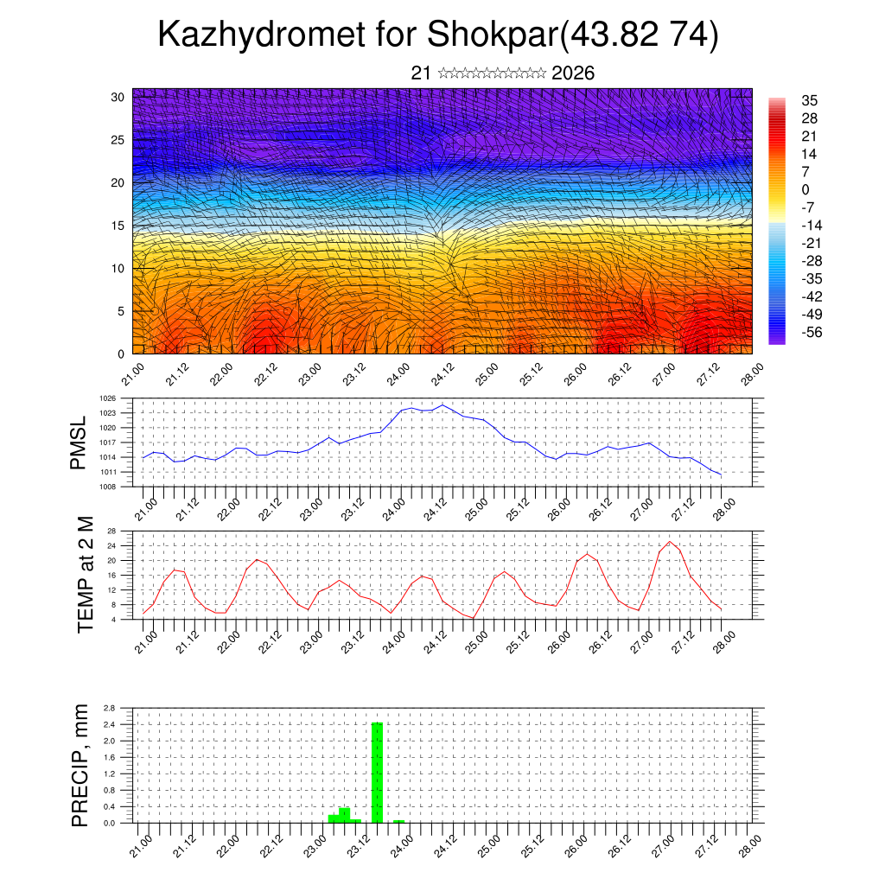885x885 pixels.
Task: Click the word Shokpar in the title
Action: coord(489,36)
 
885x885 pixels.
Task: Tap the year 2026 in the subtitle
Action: coord(573,73)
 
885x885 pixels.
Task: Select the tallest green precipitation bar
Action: coord(377,772)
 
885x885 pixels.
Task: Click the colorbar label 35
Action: coord(810,101)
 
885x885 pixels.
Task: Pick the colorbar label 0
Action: coord(805,189)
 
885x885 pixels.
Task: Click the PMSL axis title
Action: coord(80,443)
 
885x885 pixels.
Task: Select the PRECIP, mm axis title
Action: coord(80,765)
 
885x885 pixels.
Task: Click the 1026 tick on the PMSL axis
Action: coord(107,398)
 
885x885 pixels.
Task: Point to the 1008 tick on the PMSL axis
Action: coord(107,487)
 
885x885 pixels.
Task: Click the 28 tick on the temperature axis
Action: coord(111,531)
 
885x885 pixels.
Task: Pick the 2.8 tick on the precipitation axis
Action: coord(109,708)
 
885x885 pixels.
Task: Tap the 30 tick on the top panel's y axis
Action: coord(117,97)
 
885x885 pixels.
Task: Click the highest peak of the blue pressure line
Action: coord(442,404)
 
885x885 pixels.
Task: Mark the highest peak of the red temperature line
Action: coord(669,542)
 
